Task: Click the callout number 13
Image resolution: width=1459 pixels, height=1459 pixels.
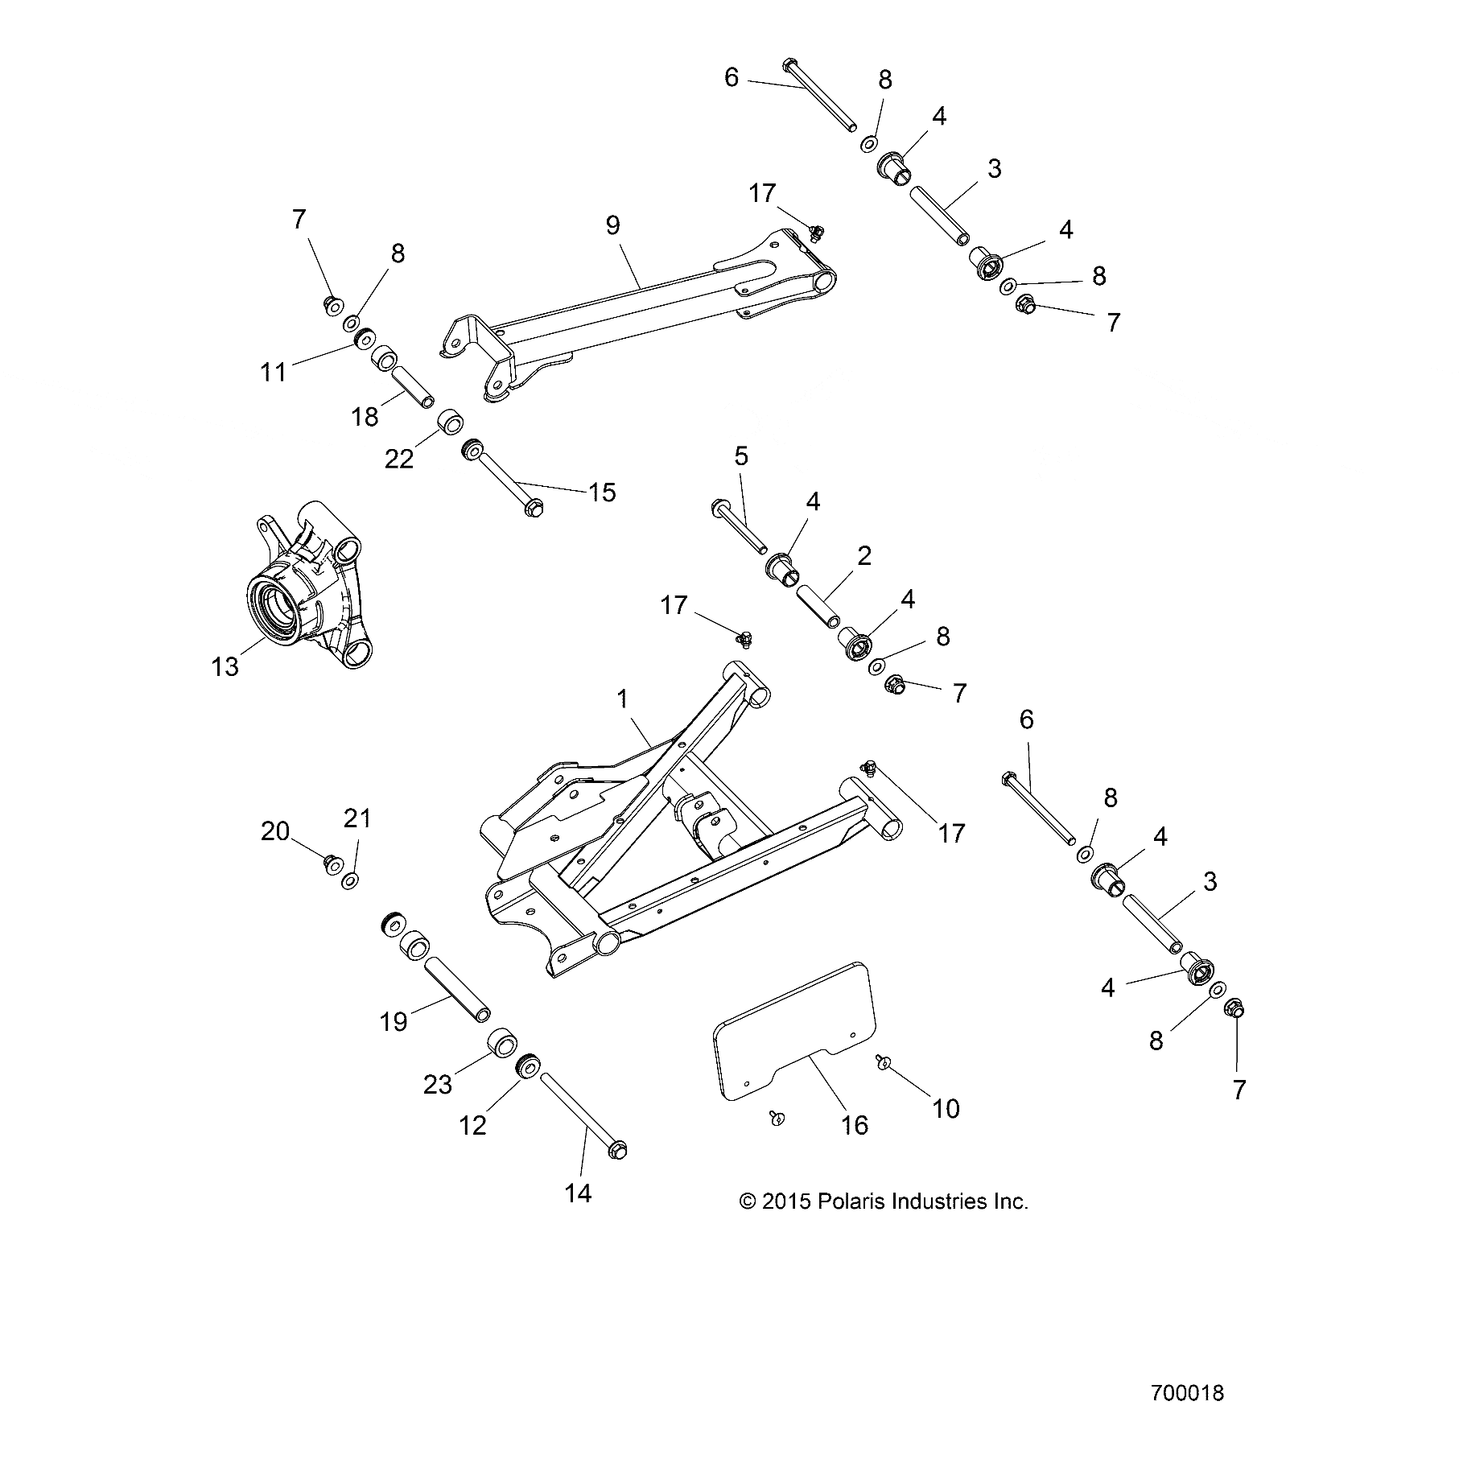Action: coord(225,666)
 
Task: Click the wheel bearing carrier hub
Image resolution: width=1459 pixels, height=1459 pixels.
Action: coord(302,596)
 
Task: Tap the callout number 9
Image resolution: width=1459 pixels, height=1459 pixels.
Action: coord(612,225)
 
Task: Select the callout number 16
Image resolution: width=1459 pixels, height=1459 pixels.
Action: coord(854,1124)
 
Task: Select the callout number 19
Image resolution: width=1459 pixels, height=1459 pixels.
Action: coord(394,1022)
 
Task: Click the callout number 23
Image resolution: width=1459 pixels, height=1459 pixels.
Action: coord(438,1085)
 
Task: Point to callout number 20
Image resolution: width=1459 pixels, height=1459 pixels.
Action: coord(274,830)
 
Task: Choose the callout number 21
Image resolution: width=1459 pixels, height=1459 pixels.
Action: coord(357,818)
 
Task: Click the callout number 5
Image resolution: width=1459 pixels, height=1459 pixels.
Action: coord(741,456)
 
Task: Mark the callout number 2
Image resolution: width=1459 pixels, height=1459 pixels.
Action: coord(864,555)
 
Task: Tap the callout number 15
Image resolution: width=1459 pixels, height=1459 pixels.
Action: coord(602,492)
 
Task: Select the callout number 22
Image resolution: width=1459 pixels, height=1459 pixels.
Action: coord(398,459)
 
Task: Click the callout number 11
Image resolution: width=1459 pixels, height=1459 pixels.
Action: coord(274,372)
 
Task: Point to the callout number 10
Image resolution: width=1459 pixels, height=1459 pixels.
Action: coord(946,1108)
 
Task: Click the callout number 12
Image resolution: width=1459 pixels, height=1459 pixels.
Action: coord(472,1125)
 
